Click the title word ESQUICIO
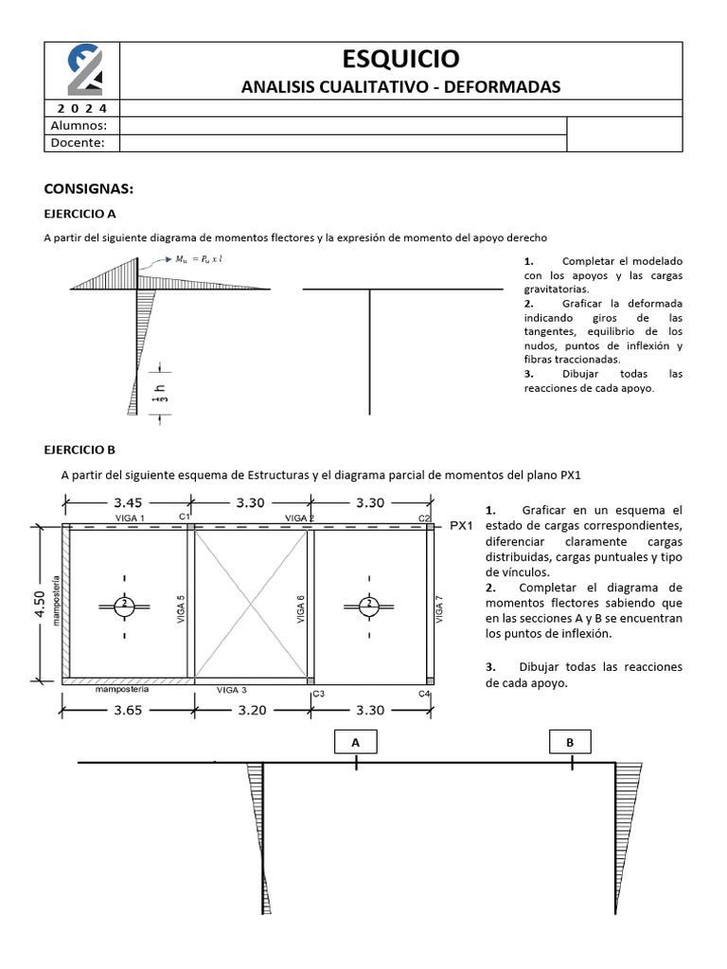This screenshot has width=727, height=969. [401, 59]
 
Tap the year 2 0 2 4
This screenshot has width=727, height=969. [83, 108]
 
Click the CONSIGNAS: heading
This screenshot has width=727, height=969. [90, 187]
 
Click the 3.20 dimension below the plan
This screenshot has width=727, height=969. [253, 711]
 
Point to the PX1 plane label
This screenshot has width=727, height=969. [462, 525]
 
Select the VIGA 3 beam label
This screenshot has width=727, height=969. [231, 690]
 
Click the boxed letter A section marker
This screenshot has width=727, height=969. [356, 743]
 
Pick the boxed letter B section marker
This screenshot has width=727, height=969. [570, 743]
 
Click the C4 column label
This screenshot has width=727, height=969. [425, 693]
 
